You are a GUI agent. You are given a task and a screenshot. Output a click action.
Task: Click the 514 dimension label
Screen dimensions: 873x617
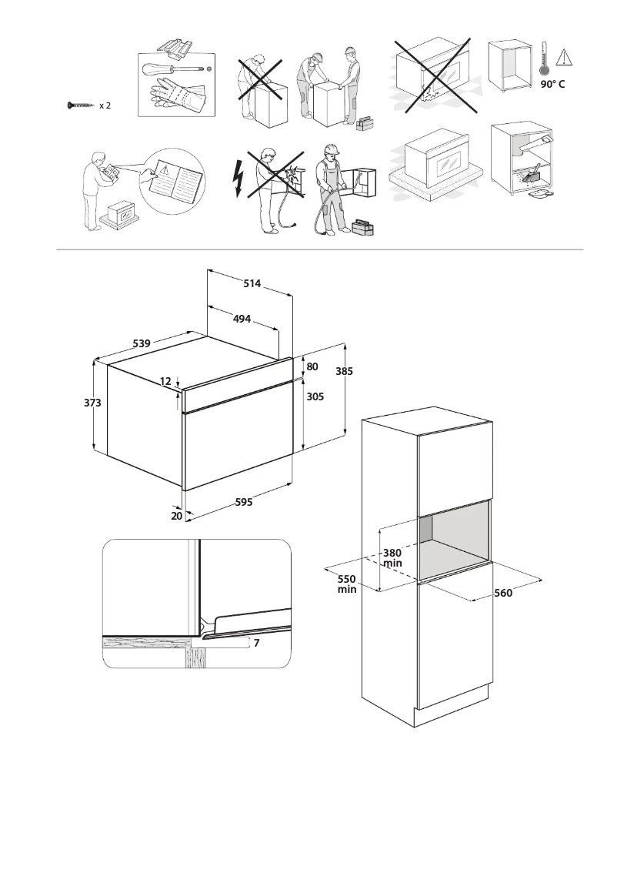252,283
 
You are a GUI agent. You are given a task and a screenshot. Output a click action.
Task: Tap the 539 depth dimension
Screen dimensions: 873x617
141,343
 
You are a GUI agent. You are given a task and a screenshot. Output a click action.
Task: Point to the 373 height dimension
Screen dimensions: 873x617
93,403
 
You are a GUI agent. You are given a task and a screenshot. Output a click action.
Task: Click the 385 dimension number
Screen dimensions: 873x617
345,371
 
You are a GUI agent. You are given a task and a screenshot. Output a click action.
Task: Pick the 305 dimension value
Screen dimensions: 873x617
315,396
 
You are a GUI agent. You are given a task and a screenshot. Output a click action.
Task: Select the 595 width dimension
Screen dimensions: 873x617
244,502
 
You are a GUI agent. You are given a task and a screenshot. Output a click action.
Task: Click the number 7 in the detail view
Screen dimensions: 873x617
256,642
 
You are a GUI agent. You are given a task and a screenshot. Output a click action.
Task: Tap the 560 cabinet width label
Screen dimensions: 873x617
503,593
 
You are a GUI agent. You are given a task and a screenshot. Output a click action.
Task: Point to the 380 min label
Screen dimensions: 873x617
392,558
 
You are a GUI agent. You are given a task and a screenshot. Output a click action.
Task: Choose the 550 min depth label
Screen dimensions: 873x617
346,584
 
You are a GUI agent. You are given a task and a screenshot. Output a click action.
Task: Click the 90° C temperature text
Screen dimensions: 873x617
552,84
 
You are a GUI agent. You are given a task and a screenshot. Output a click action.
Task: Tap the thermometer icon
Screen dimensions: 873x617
544,59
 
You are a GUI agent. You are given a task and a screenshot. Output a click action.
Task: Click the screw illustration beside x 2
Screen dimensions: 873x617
81,105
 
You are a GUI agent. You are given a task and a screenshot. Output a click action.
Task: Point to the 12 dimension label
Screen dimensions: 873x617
165,381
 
